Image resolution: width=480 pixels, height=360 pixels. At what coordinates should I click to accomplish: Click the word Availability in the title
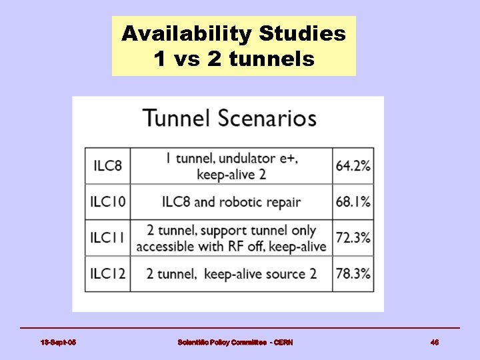[187, 33]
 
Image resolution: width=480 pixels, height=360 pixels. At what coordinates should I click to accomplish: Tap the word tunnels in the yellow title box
[271, 59]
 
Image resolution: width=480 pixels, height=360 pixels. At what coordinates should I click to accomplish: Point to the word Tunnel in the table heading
[176, 119]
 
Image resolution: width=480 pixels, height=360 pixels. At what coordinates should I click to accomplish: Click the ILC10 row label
[108, 201]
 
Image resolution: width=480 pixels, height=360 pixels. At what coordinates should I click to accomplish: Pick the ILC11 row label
[108, 237]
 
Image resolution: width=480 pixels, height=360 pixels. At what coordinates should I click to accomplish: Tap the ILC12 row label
[108, 273]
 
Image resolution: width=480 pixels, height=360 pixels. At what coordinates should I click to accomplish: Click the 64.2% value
[353, 165]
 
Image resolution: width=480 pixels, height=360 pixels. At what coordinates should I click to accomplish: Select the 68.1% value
[353, 201]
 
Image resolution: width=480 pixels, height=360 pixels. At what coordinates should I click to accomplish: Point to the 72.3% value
[353, 237]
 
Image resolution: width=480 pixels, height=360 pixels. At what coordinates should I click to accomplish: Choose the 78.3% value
[353, 273]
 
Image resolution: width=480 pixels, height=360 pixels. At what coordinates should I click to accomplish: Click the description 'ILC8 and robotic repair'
[231, 201]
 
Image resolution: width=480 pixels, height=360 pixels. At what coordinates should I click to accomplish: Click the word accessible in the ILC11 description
[165, 246]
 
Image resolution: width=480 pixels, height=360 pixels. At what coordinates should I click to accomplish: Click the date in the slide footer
[58, 342]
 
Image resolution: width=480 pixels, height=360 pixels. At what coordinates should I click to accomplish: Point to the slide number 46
[435, 342]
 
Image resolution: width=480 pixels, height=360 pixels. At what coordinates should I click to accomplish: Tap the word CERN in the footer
[283, 342]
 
